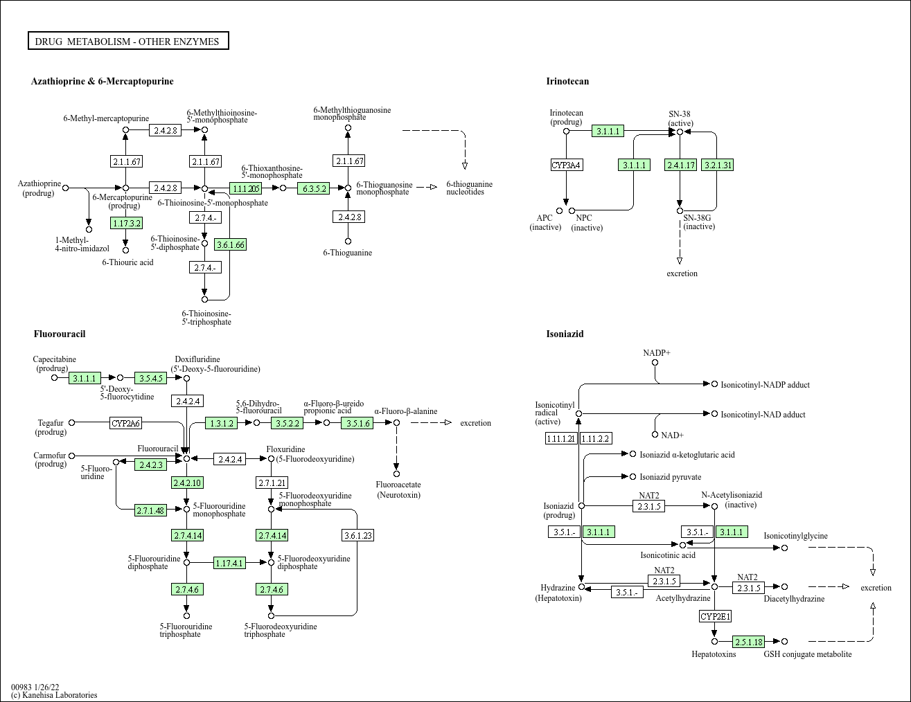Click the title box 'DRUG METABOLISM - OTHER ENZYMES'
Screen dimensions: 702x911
point(128,42)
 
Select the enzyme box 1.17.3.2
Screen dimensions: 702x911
point(126,223)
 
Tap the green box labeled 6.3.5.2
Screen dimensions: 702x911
point(313,188)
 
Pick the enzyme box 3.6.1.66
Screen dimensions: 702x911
point(231,244)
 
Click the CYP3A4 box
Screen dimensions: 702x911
point(566,165)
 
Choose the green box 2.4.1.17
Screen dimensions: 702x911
point(680,165)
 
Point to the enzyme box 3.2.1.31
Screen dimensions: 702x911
point(717,165)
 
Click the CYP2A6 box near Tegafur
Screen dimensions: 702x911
point(125,422)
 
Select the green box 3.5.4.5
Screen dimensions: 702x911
point(150,377)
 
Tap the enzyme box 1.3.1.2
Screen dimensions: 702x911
point(222,422)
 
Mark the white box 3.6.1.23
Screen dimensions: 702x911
point(357,535)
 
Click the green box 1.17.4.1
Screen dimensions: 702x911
point(229,563)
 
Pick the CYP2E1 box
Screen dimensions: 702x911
point(715,616)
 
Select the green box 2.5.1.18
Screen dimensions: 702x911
point(749,642)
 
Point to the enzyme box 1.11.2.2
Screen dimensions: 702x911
point(596,438)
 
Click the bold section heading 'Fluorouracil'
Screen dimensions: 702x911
point(60,334)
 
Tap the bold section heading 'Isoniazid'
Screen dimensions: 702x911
point(565,334)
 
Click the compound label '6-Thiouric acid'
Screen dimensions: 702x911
point(127,262)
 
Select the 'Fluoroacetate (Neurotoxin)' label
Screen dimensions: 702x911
point(398,489)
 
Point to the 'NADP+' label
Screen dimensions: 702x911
point(656,353)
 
